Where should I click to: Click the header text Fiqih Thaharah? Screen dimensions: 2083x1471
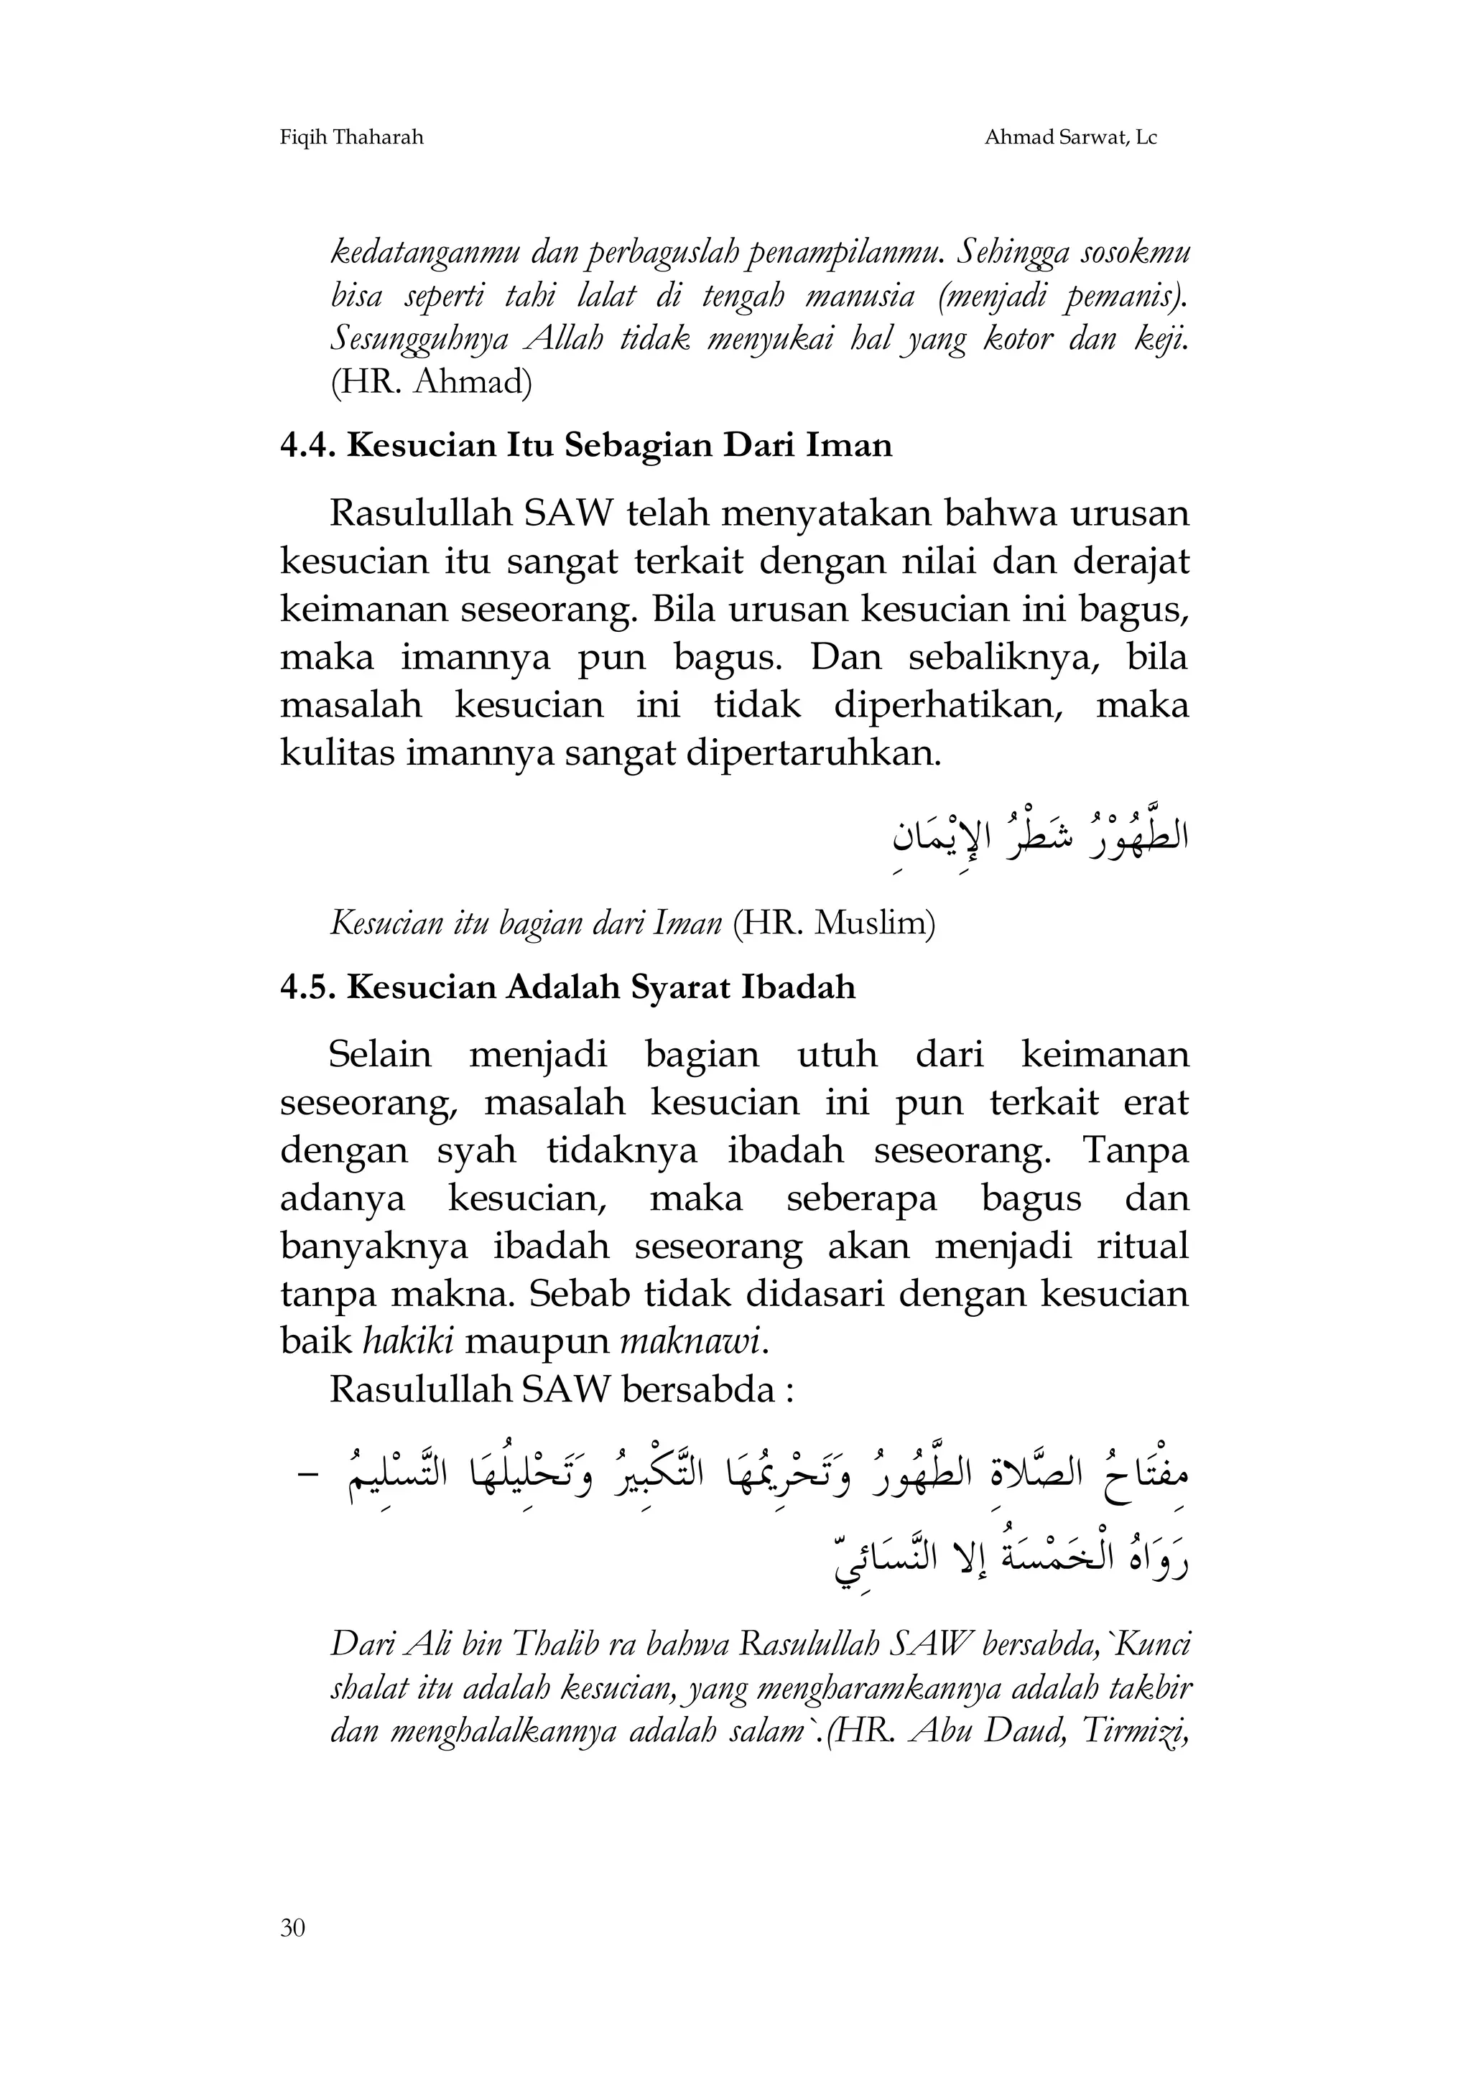[x=351, y=138]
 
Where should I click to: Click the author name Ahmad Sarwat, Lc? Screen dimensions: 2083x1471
[x=1070, y=138]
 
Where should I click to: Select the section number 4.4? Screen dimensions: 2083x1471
[x=309, y=445]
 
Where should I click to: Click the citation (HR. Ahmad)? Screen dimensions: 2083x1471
[x=431, y=382]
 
